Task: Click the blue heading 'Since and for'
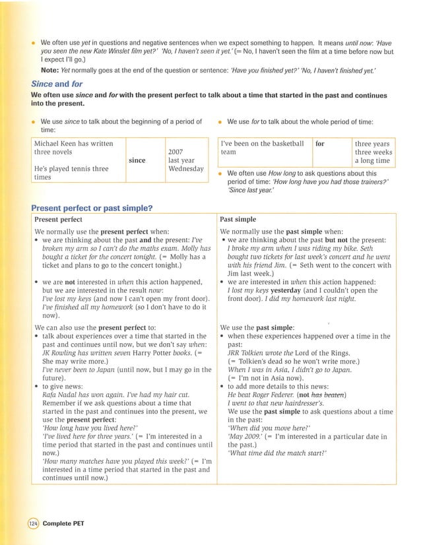pos(57,84)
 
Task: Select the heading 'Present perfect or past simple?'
pos(92,208)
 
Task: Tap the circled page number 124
pos(34,523)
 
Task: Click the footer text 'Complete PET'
pos(63,523)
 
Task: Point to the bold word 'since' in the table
pos(137,160)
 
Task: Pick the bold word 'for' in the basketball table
pos(320,143)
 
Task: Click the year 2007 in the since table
pos(176,152)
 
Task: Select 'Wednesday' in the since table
pos(185,169)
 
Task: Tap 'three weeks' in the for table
pos(373,152)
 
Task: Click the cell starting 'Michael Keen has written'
pos(73,143)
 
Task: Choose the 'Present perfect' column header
pos(58,219)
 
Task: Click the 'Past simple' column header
pos(238,219)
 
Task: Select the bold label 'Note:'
pos(50,69)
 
